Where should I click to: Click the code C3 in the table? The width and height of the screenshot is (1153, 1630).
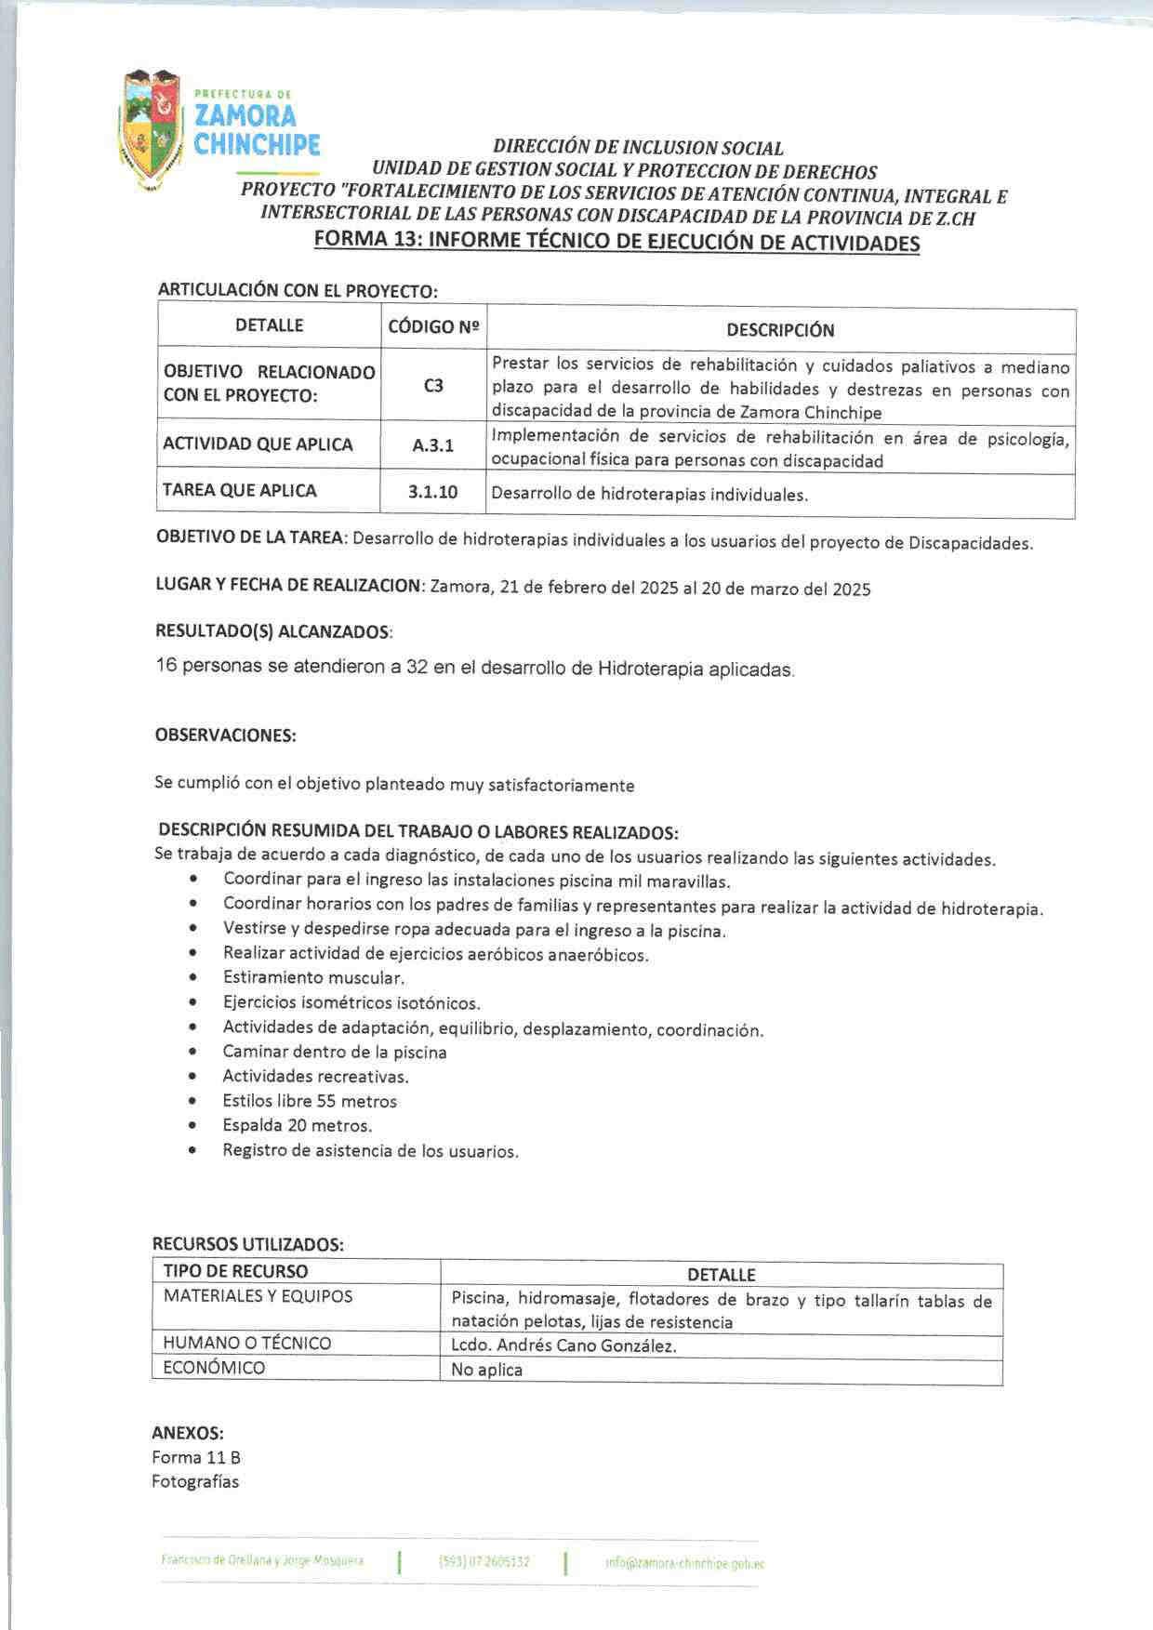pos(433,385)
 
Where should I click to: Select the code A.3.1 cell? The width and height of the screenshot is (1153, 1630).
pos(433,445)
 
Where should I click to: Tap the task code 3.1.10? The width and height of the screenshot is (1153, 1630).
pos(433,492)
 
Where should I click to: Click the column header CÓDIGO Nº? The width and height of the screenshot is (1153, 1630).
pos(433,327)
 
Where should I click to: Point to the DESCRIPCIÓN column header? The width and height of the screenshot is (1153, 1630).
pos(780,330)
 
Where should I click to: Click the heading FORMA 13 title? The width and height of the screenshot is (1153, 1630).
pos(616,243)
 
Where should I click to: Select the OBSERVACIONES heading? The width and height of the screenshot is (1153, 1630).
pos(225,735)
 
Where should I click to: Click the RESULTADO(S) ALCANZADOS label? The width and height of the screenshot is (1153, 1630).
pos(273,632)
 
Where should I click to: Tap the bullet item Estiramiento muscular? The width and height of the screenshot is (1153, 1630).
pos(313,978)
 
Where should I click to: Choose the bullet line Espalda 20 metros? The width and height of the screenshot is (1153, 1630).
pos(297,1126)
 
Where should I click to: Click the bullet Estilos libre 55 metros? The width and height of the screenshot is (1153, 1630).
pos(310,1102)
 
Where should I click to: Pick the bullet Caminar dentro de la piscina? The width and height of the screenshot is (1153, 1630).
pos(335,1053)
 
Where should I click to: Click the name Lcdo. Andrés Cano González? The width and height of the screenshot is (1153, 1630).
pos(563,1345)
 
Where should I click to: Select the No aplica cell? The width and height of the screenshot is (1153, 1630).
pos(486,1370)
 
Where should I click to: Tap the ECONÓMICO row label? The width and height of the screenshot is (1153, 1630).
pos(214,1368)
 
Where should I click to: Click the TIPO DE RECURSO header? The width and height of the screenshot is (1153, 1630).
pos(235,1271)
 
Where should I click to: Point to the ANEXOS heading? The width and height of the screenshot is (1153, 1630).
pos(188,1433)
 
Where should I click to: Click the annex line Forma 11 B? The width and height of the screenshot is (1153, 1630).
pos(196,1457)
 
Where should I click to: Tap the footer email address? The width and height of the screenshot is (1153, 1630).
pos(684,1564)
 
